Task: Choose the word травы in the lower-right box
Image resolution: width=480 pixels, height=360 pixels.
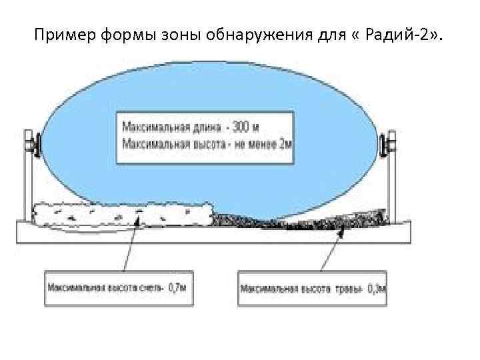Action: pyautogui.click(x=347, y=289)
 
